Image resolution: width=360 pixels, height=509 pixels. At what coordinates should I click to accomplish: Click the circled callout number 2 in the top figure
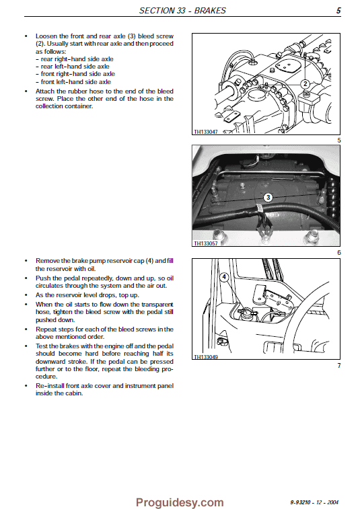(x=305, y=84)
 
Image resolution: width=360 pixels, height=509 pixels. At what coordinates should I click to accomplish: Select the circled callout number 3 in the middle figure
(x=268, y=197)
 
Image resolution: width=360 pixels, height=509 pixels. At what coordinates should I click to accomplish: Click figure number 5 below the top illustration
(x=339, y=140)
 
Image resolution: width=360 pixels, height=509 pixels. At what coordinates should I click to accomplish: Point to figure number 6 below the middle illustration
(x=339, y=252)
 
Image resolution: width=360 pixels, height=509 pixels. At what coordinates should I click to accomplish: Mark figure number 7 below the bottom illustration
(x=339, y=365)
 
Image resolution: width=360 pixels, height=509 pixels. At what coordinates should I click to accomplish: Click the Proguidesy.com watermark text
(x=180, y=502)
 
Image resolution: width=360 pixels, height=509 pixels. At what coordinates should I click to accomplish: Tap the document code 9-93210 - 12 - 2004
(x=316, y=502)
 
